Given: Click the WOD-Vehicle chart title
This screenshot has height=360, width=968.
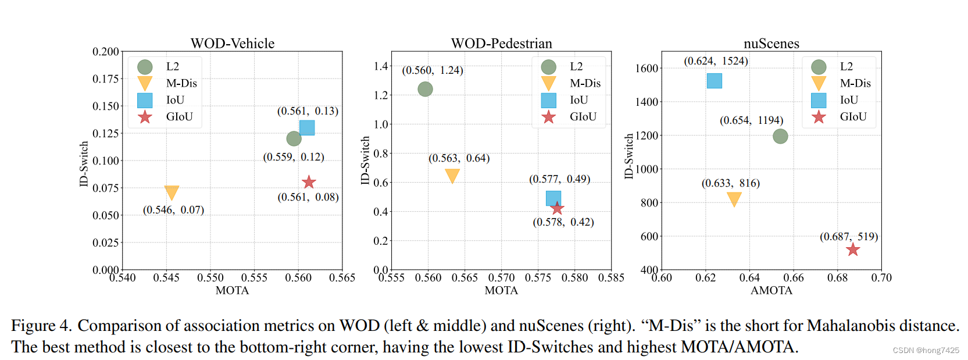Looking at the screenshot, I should point(233,44).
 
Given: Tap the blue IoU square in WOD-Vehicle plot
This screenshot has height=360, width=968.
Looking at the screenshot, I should point(307,127).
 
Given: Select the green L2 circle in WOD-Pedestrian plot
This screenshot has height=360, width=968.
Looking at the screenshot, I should point(425,89).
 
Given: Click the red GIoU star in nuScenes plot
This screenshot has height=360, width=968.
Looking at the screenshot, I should point(853,249).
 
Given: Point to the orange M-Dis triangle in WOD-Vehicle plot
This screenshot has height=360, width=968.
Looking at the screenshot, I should point(172,192).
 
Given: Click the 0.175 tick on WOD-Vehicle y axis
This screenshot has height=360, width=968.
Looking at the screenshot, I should point(105,79).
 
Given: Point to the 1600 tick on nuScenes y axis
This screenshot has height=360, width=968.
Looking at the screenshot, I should point(646,68).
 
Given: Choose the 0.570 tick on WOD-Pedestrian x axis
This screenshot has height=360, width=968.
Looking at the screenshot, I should point(501,278).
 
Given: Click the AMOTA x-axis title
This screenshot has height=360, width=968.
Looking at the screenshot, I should point(771,290).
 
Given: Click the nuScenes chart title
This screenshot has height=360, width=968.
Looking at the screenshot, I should point(771,44).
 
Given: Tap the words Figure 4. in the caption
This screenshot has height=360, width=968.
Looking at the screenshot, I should point(41,326).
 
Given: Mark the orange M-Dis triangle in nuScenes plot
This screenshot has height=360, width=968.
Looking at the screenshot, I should point(734,199).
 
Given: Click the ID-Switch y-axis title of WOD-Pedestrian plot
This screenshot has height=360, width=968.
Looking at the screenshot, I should point(365,161).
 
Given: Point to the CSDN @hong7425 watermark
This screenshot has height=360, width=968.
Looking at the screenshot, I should point(926,350).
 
